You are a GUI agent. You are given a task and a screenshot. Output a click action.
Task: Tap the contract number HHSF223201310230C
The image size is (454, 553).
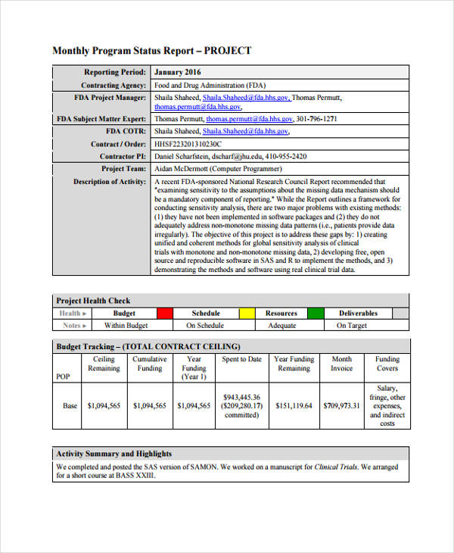188,144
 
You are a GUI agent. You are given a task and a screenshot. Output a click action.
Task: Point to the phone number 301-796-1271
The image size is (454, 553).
316,119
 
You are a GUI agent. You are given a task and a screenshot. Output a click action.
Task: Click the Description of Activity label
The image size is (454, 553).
109,182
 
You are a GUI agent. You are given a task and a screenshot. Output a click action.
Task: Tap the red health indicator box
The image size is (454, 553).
165,313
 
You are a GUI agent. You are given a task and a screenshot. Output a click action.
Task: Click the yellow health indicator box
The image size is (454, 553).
247,313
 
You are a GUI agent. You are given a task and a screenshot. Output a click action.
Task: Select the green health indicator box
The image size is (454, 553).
316,313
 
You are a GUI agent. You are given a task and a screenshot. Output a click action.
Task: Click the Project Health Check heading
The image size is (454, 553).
93,301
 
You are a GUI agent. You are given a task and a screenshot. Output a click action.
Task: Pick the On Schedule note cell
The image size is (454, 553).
205,326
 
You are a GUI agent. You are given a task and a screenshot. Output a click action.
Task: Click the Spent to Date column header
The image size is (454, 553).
241,359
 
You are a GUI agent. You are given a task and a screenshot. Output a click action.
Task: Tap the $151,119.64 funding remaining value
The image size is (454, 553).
294,406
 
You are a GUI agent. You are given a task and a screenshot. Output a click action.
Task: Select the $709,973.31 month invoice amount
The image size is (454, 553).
341,406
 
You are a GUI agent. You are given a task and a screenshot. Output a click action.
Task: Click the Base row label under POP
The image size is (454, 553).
70,406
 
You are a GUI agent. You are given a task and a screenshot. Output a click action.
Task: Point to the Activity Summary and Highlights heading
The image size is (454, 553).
114,454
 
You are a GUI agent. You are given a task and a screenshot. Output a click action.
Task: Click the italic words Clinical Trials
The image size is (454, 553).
338,467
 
